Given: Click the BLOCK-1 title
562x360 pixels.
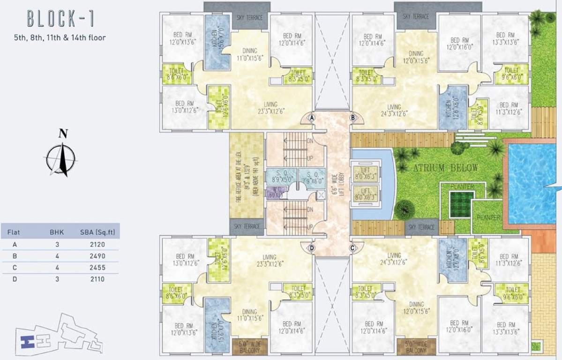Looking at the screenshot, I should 60,19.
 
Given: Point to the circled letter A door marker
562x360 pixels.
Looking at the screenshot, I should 311,119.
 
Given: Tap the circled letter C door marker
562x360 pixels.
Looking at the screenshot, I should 352,247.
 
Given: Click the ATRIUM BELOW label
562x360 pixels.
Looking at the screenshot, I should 445,168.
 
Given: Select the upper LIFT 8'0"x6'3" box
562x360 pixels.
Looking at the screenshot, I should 364,173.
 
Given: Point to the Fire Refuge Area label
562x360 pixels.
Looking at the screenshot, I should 246,174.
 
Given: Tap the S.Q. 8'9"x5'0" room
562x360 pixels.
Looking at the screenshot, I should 279,175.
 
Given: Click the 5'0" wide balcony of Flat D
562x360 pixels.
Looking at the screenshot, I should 250,347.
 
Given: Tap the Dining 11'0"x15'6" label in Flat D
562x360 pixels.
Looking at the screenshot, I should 250,314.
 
